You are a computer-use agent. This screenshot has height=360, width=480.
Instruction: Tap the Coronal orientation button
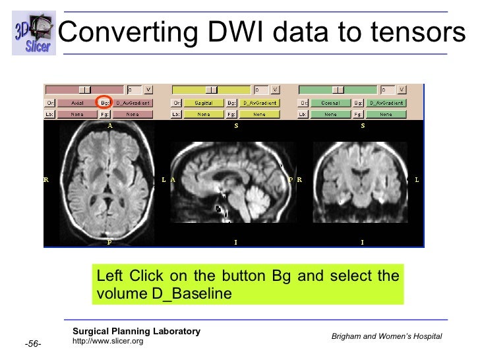pyautogui.click(x=329, y=102)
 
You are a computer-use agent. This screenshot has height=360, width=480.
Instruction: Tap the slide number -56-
pyautogui.click(x=34, y=344)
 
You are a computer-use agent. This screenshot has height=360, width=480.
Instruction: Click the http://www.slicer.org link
pyautogui.click(x=107, y=341)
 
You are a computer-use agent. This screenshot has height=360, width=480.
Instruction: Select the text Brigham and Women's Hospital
pyautogui.click(x=386, y=337)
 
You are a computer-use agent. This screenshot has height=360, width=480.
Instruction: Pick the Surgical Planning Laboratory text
pyautogui.click(x=136, y=331)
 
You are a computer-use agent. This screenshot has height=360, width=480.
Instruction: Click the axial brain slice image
pyautogui.click(x=109, y=183)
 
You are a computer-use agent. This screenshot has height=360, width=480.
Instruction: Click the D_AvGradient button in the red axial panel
pyautogui.click(x=133, y=102)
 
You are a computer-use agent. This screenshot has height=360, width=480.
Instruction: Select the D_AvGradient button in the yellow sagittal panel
pyautogui.click(x=259, y=102)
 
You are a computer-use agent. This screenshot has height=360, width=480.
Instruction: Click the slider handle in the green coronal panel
pyautogui.click(x=339, y=89)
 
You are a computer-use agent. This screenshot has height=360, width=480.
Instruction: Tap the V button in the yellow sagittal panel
pyautogui.click(x=275, y=89)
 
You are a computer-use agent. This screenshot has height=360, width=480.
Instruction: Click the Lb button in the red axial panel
pyautogui.click(x=49, y=114)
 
